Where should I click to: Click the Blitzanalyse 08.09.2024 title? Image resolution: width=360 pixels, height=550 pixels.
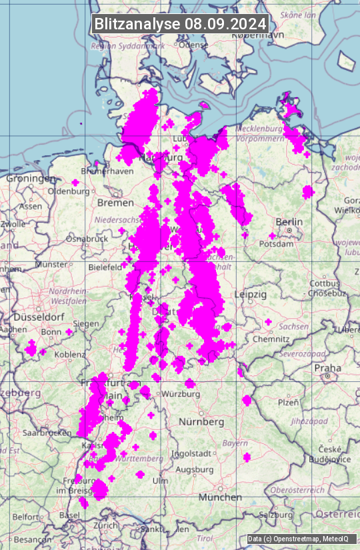click(x=180, y=23)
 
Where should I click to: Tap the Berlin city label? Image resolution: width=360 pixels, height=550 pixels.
click(x=289, y=222)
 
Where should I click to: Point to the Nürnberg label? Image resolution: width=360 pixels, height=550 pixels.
click(x=201, y=422)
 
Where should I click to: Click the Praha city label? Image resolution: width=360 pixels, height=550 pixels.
click(x=327, y=368)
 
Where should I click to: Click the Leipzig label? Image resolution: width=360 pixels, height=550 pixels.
click(x=251, y=294)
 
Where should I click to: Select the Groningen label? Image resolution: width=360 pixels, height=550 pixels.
click(x=31, y=179)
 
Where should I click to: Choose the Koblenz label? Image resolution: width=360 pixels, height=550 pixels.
click(x=69, y=354)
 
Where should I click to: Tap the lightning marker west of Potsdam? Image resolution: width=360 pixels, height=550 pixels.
click(x=272, y=236)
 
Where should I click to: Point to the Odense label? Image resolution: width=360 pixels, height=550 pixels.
click(x=193, y=45)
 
